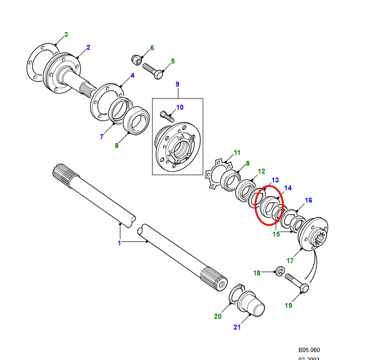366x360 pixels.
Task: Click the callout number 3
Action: [66, 34]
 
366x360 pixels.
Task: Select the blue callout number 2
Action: [88, 47]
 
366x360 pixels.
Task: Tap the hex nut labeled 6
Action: [137, 60]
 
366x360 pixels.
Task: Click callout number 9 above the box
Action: [178, 84]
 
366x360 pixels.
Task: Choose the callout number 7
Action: [102, 137]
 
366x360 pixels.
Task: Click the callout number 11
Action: [237, 152]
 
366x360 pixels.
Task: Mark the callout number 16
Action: [309, 200]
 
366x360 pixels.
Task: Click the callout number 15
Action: [276, 234]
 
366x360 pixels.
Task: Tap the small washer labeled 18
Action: [278, 271]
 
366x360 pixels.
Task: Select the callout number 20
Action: [218, 316]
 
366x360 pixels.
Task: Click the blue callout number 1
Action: [119, 243]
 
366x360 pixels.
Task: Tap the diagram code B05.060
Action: [309, 350]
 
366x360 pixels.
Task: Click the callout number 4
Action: [132, 75]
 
